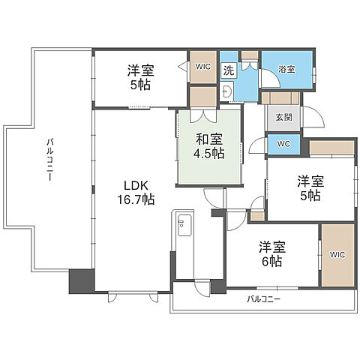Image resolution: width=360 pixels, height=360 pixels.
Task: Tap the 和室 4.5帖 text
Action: click(x=210, y=145)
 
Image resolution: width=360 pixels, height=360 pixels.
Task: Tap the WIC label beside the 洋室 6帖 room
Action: click(x=337, y=253)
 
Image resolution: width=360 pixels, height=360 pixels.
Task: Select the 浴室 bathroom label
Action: click(x=286, y=69)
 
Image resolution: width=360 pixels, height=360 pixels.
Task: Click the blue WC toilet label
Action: click(x=283, y=142)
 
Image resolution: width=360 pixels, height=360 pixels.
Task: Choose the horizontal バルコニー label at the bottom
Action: click(x=263, y=299)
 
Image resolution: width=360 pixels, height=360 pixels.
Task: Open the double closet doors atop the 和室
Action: click(x=204, y=115)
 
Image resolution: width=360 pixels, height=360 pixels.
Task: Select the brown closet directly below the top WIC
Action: click(x=202, y=97)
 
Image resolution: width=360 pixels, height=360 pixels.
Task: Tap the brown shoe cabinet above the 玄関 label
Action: click(x=280, y=97)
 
